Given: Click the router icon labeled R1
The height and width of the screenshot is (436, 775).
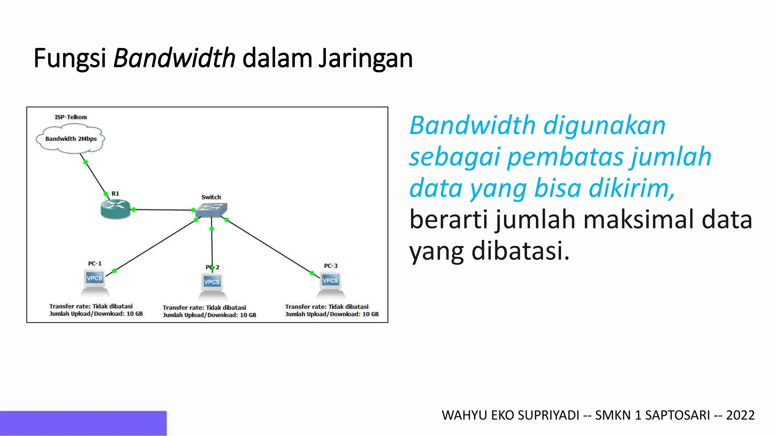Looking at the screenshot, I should pos(115,209).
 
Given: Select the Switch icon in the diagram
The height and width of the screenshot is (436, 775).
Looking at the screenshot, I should pos(211,210).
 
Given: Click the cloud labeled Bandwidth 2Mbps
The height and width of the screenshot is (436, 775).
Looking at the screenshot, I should pos(71,139).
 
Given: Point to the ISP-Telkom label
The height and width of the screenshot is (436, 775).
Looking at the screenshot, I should pos(71,117).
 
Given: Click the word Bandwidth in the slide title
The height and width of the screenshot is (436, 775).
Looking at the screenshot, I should pos(174,58).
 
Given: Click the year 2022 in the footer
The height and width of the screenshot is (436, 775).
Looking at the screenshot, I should pos(740,416).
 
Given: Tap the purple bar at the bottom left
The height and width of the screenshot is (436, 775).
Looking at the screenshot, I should pos(83,423).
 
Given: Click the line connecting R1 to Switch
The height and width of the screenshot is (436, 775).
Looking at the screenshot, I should pos(163,210).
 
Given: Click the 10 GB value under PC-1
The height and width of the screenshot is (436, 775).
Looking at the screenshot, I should pos(134,314).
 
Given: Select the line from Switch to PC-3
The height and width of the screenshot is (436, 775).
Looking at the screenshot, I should pos(269,246).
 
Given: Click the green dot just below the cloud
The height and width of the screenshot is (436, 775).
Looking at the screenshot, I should pos(86,162).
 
